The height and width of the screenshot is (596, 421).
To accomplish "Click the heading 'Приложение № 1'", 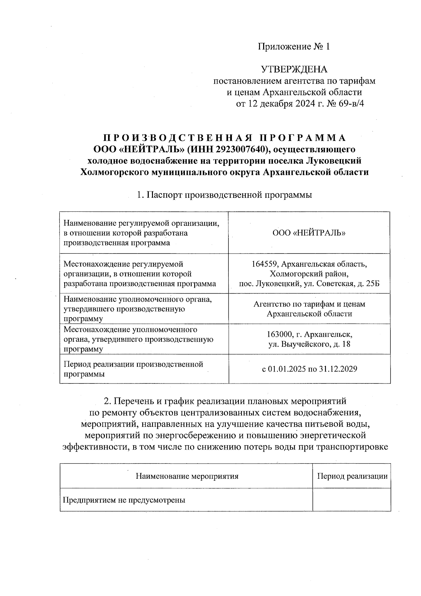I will tap(294, 47).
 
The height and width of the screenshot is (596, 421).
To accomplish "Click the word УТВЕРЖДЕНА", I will tap(294, 70).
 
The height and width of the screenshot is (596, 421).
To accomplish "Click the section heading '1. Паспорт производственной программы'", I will tap(225, 195).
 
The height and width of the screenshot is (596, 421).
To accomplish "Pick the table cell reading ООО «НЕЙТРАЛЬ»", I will tap(309, 233).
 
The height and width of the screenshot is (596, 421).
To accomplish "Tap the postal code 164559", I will tap(265, 263).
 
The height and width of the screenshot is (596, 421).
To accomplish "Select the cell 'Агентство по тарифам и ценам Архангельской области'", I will tap(309, 309).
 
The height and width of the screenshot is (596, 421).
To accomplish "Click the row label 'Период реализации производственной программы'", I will tap(133, 369).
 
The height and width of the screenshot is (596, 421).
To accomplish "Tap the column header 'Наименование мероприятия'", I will tap(187, 476).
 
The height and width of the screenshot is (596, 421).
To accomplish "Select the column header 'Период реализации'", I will tap(352, 476).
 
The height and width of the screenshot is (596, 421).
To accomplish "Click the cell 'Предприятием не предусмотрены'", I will tap(124, 500).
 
